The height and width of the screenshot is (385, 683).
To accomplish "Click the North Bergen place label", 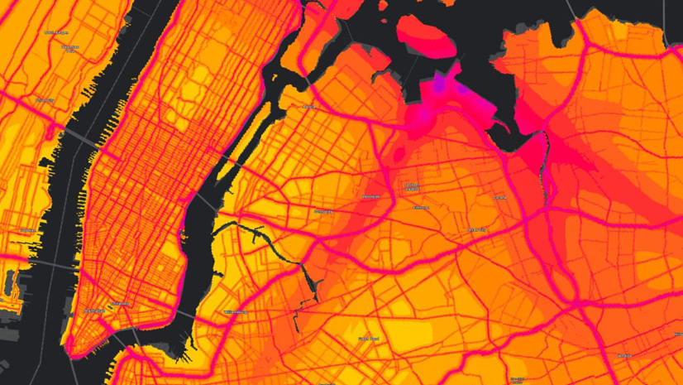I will pyautogui.click(x=56, y=33).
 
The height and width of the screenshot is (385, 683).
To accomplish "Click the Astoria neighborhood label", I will pyautogui.click(x=309, y=107).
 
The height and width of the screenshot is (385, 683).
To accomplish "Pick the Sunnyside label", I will pyautogui.click(x=323, y=211).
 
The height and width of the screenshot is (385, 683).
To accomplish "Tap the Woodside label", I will pyautogui.click(x=370, y=197).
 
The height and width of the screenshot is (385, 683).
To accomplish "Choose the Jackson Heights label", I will pyautogui.click(x=411, y=186).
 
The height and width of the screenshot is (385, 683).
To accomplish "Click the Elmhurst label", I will pyautogui.click(x=421, y=207).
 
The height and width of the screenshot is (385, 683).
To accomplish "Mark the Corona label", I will pyautogui.click(x=499, y=198).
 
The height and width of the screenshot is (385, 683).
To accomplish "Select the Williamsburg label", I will pyautogui.click(x=235, y=312).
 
